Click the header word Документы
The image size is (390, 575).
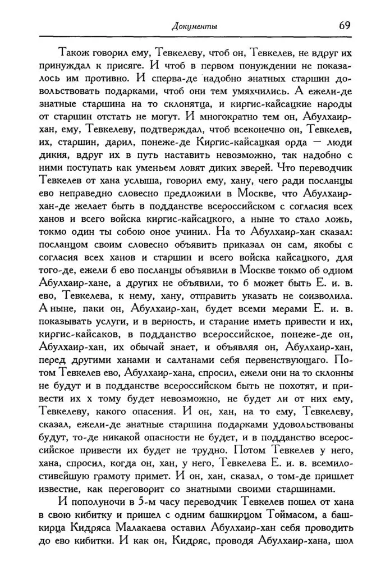[x=194, y=25]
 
